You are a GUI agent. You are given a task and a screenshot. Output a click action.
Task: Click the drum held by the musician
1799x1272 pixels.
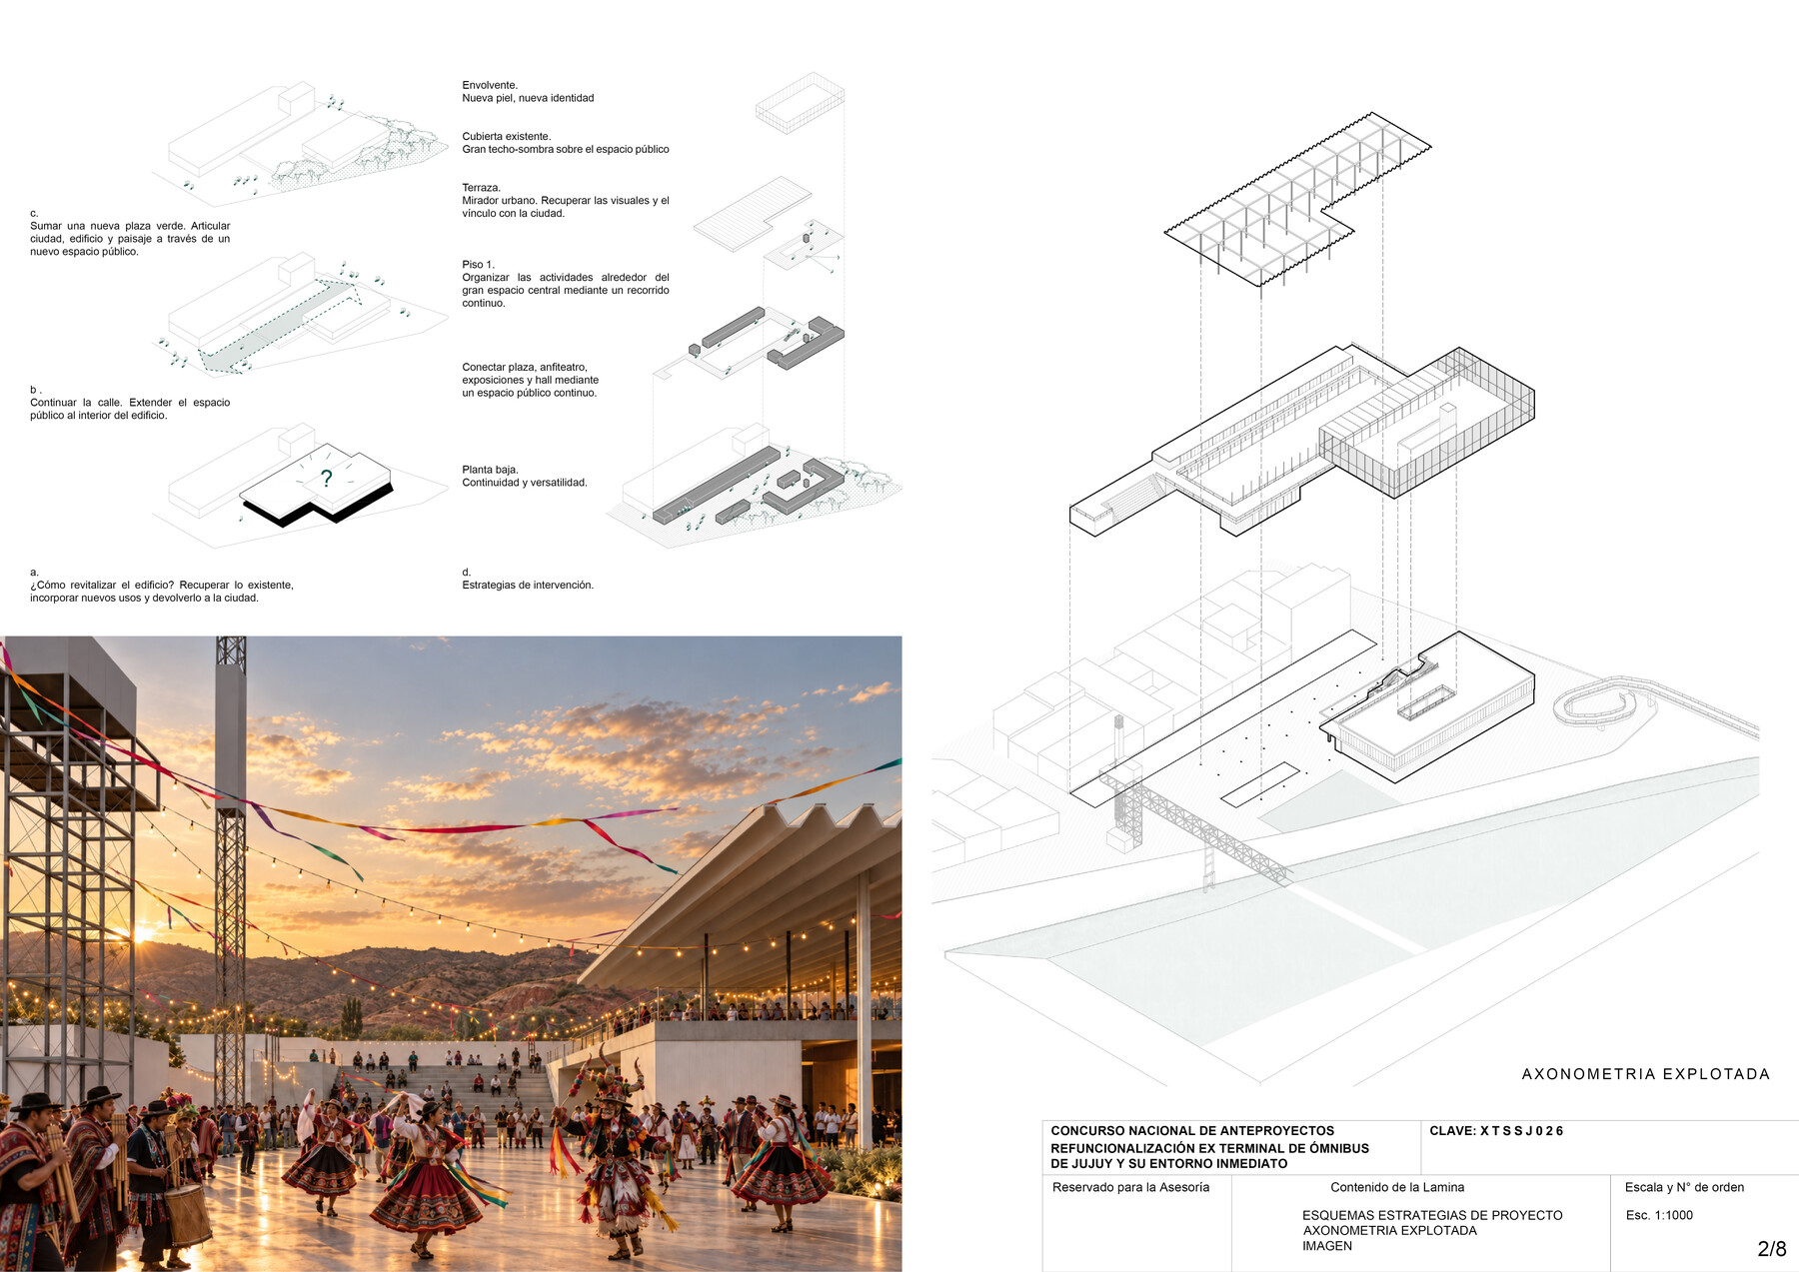187,1214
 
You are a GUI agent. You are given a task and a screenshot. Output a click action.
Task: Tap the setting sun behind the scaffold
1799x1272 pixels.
140,934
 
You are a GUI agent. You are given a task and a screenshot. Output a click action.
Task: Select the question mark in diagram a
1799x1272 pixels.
326,479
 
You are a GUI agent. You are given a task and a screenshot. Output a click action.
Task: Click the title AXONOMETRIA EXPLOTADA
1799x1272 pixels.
1645,1074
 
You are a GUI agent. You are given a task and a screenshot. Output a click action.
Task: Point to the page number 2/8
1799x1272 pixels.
1771,1248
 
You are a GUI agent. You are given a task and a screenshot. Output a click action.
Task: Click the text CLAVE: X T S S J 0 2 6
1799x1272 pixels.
1496,1131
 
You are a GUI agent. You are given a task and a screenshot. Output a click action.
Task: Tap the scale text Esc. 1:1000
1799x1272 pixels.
1659,1215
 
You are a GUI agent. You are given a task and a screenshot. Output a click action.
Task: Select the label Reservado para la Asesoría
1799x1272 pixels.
1130,1187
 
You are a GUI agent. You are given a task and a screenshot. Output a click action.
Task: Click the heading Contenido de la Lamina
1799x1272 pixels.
1397,1187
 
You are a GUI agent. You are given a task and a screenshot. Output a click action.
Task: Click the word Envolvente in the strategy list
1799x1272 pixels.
489,85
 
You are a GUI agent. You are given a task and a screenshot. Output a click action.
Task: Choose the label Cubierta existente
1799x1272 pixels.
506,136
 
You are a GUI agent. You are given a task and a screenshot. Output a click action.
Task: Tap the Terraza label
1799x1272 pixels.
481,188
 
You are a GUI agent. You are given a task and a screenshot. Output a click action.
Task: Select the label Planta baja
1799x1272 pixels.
490,470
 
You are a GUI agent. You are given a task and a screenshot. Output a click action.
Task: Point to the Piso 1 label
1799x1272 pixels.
478,265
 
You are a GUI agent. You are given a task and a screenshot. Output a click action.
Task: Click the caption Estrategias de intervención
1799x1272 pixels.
528,585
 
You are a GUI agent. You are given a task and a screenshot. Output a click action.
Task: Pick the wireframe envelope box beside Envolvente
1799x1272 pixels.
800,102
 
